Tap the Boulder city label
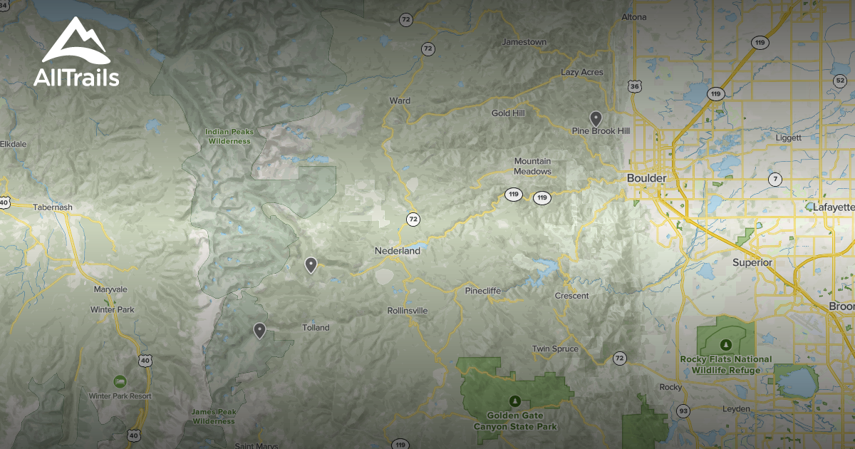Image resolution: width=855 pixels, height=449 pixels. [646, 177]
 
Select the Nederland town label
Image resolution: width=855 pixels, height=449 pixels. [397, 251]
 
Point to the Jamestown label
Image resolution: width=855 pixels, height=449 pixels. [524, 42]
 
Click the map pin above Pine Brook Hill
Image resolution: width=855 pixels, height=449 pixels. [596, 118]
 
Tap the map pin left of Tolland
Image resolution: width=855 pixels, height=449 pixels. [260, 330]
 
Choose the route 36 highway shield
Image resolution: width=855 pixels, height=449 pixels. [635, 86]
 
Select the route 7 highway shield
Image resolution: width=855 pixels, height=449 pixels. [775, 178]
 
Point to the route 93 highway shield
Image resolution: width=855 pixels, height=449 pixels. [683, 411]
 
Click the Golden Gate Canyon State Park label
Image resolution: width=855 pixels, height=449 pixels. [516, 420]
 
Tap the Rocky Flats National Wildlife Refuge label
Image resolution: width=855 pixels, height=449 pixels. [725, 364]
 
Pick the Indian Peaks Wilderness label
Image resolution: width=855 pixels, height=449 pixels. [229, 136]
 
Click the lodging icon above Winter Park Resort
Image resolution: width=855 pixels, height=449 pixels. [119, 381]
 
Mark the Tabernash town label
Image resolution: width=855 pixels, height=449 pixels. [53, 207]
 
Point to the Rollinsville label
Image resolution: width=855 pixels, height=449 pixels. [408, 311]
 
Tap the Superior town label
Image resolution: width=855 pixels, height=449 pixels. [752, 262]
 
